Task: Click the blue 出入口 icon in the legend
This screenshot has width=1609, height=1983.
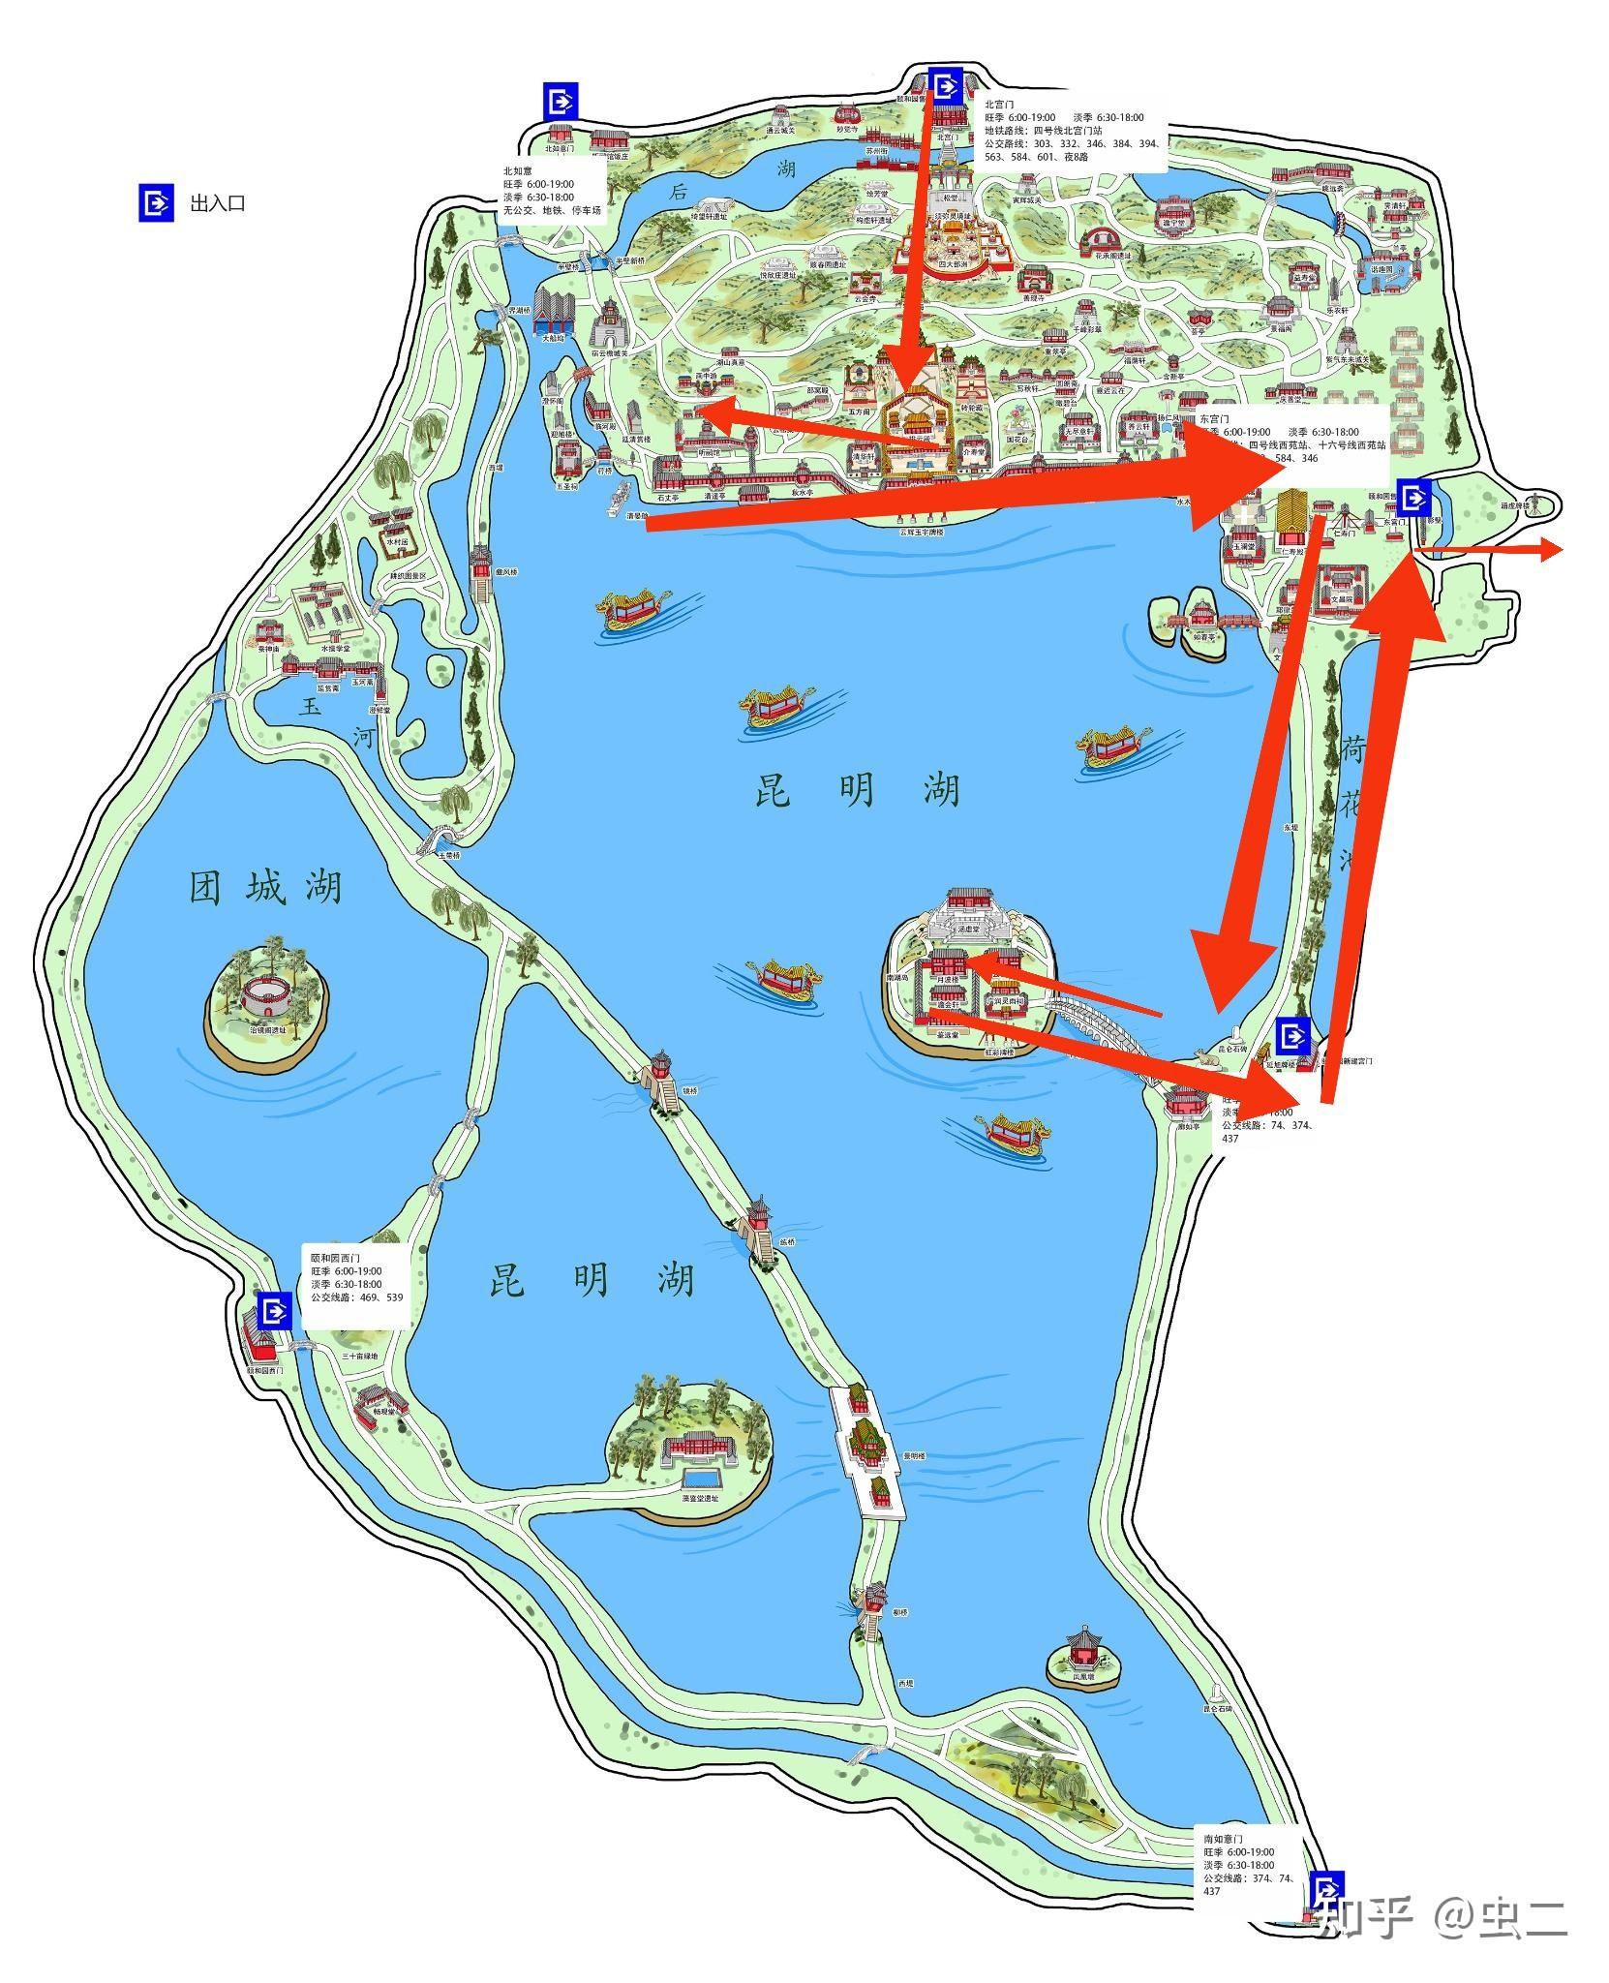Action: [154, 202]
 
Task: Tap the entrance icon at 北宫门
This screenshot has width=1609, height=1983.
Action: [944, 85]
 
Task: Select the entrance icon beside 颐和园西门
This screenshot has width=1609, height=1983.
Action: [276, 1311]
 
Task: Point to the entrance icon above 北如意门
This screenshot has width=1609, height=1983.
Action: [561, 100]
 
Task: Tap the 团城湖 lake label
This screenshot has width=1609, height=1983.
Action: [265, 887]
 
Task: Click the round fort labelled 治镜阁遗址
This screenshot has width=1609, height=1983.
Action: [267, 996]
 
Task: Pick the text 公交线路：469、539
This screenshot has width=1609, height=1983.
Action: [357, 1297]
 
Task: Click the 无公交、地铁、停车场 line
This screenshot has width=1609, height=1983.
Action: [552, 210]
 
